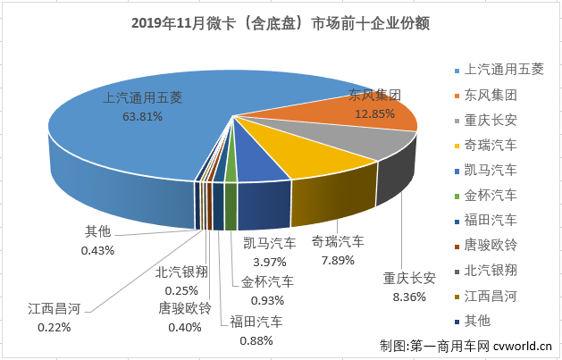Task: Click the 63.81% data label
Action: [143, 115]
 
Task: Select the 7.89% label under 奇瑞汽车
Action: [337, 260]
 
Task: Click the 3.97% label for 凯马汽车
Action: [272, 260]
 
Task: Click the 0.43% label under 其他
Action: [97, 250]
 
